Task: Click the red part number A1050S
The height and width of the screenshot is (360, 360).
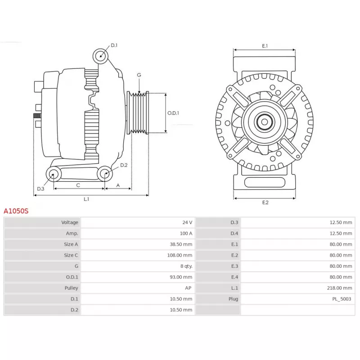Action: coord(16,211)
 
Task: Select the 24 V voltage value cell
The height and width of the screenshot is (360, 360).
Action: coord(187,222)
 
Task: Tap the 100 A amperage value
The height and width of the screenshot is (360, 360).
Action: coord(186,234)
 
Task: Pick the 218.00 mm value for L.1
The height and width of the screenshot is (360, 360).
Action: coord(339,288)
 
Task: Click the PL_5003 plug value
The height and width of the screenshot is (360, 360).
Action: coord(342,299)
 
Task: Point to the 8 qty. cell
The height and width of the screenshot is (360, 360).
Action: coord(186,266)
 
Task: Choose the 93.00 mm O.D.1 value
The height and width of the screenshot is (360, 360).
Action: coord(181,277)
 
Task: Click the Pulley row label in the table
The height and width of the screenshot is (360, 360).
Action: coord(71,288)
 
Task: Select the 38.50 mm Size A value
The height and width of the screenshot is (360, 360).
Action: coord(181,244)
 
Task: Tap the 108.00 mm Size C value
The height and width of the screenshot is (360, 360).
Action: coord(180,255)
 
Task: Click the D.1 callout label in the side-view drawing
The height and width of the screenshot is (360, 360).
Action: coord(114,45)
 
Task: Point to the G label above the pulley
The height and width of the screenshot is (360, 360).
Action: coord(139,75)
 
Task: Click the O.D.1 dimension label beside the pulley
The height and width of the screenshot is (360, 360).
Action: coord(173,113)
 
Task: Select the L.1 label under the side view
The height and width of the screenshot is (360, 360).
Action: coord(86,199)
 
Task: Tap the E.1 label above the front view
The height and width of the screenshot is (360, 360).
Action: coord(265,46)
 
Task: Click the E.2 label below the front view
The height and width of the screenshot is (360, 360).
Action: coord(265,202)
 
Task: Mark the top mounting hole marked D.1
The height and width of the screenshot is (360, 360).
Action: coord(100,56)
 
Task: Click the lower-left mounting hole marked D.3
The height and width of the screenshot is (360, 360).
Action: coord(54,174)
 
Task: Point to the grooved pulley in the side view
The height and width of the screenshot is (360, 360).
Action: coord(138,113)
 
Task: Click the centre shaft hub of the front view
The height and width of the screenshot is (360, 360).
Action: coord(265,122)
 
